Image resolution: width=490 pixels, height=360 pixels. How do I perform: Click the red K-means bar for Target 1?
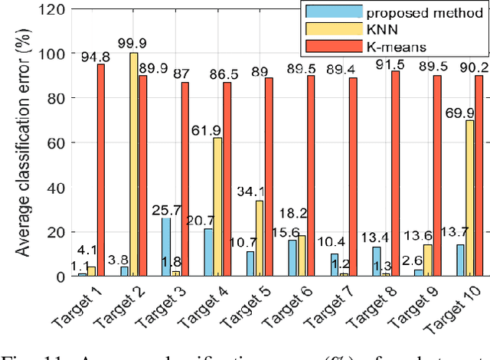pos(101,170)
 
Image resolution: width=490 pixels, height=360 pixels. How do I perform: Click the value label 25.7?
pos(163,210)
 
